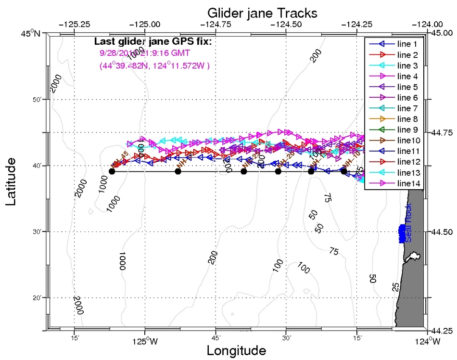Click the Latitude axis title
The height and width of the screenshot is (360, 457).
pos(13,179)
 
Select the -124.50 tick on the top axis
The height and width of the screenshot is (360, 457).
pos(286,24)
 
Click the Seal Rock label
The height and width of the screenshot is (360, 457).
pos(408,230)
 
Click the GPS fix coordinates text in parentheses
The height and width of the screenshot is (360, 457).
pos(154,65)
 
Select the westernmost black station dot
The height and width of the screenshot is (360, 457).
pos(112,171)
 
